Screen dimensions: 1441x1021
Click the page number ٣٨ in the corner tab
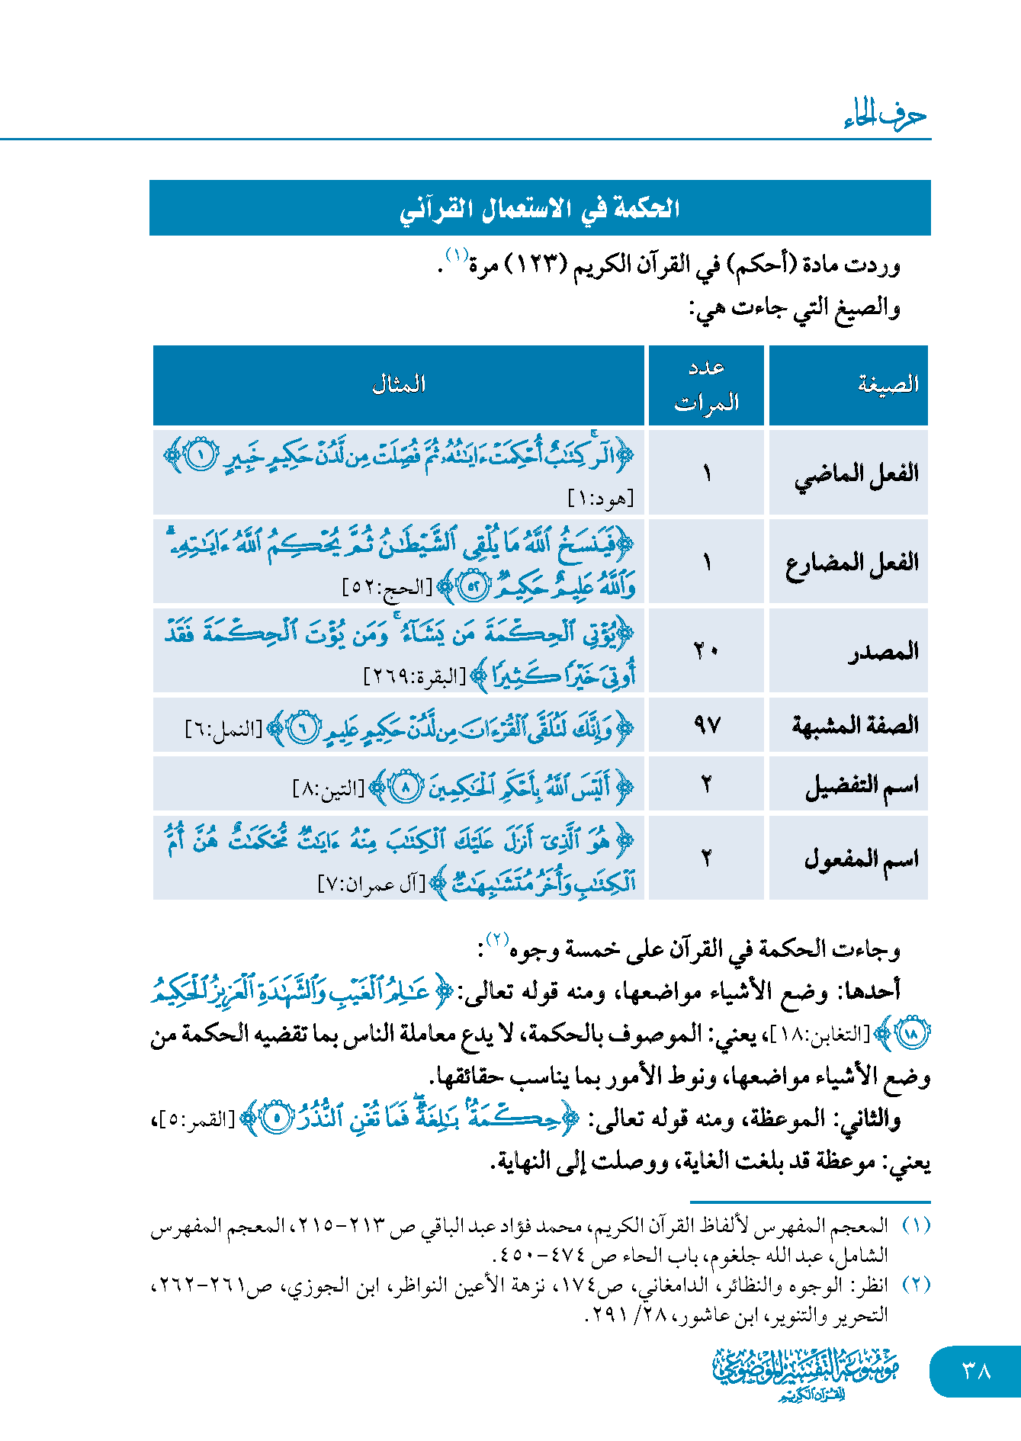976,1371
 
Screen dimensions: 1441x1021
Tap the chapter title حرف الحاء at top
885,115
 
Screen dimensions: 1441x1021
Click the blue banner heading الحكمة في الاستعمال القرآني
540,208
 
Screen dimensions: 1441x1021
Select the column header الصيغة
888,384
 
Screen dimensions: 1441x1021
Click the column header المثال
399,384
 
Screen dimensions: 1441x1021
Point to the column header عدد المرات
706,385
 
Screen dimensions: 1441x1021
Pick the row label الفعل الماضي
856,473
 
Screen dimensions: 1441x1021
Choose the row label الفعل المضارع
852,563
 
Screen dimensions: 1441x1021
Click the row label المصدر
883,652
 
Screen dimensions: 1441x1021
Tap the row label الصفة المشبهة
855,724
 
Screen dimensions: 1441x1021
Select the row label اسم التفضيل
862,785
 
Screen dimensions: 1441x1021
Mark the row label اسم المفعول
862,859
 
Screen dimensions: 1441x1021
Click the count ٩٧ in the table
707,724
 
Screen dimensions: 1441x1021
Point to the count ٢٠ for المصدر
706,651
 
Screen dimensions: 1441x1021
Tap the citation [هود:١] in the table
601,499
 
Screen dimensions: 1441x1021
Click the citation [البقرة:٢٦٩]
414,676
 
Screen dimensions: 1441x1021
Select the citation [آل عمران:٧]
371,884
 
